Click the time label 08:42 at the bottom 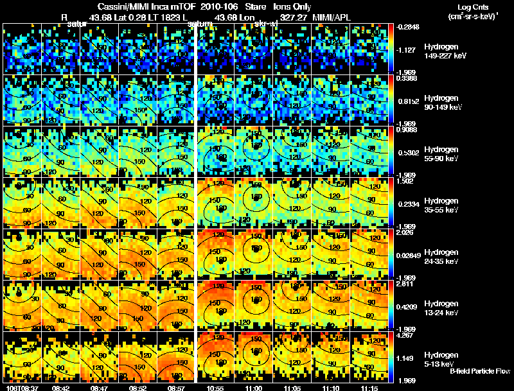click(x=60, y=388)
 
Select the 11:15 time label click(x=369, y=388)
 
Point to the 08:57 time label click(x=176, y=388)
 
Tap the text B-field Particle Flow click(x=480, y=371)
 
